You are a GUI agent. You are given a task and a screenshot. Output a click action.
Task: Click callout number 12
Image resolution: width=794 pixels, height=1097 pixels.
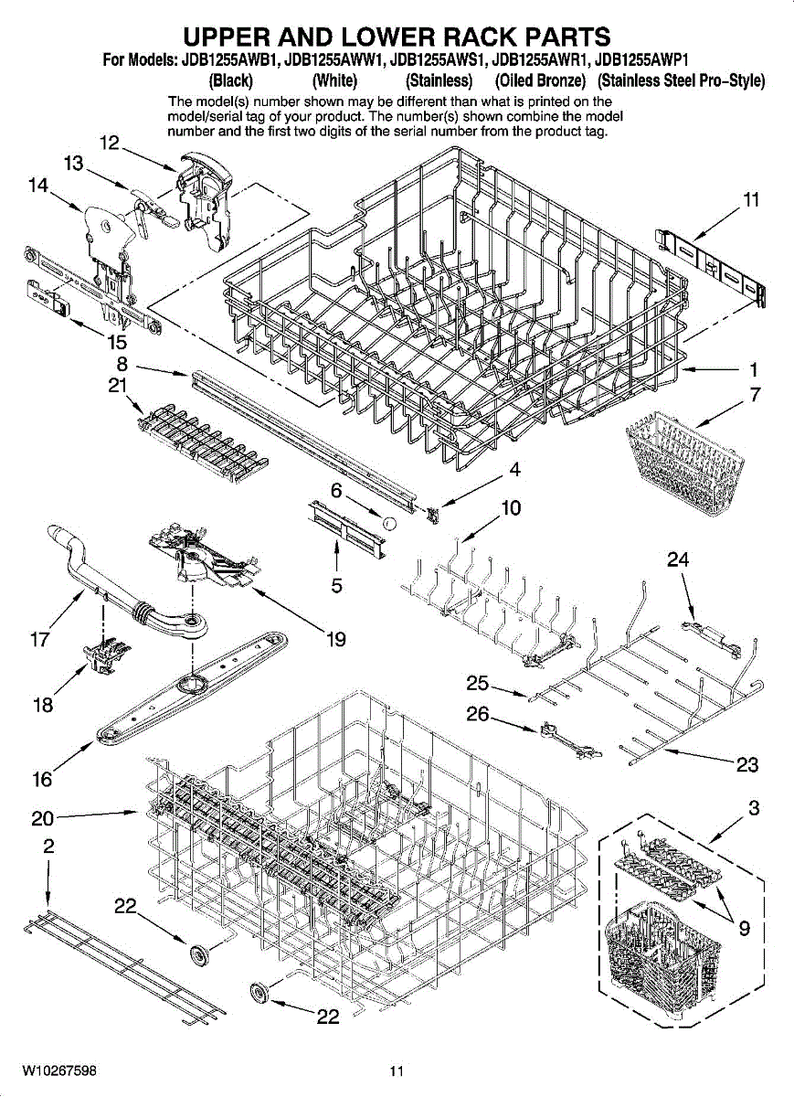[x=110, y=144]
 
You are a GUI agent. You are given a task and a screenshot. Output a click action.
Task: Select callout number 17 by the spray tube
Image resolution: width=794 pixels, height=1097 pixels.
[x=39, y=640]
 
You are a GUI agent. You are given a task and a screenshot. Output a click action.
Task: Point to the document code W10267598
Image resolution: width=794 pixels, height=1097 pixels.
[x=60, y=1070]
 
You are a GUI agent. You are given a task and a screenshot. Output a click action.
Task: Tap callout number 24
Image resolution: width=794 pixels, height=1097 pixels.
[x=678, y=559]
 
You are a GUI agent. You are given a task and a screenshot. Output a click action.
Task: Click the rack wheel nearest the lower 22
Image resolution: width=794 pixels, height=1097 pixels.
[x=258, y=992]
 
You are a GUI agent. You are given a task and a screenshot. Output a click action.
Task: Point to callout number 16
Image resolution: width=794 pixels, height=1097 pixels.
[x=42, y=780]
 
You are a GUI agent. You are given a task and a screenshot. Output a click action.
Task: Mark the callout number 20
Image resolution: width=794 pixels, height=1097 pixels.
[x=43, y=817]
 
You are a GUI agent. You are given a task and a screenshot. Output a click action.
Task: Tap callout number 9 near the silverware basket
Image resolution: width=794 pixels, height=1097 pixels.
[x=745, y=929]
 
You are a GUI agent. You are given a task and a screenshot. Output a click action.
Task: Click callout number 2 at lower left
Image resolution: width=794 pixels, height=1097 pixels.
[x=48, y=847]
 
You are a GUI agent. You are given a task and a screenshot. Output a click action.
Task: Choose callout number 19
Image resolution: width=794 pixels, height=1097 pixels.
[x=336, y=640]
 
